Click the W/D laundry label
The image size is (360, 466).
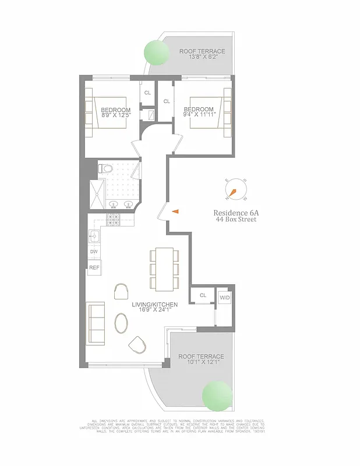click(x=224, y=298)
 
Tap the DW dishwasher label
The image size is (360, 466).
click(x=94, y=252)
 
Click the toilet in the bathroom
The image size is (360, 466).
click(x=105, y=169)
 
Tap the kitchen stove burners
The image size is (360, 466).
click(x=112, y=221)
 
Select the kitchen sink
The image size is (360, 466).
click(x=94, y=236)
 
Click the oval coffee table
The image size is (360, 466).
click(x=122, y=323)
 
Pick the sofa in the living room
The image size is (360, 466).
click(x=95, y=323)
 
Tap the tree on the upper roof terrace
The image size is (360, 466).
click(x=157, y=51)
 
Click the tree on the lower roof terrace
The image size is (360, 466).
click(x=217, y=397)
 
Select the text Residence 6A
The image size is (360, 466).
click(x=236, y=213)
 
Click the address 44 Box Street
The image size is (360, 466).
click(x=236, y=221)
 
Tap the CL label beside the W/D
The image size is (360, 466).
click(x=203, y=295)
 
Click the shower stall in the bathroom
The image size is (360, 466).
click(x=94, y=194)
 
